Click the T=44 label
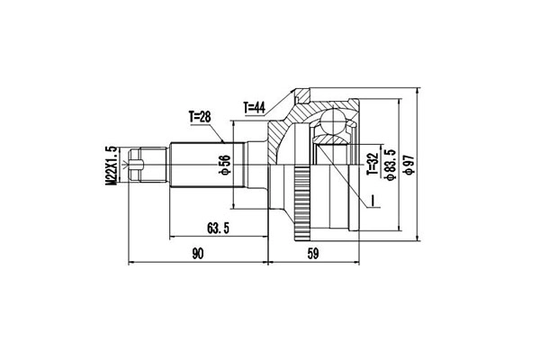(x=254, y=108)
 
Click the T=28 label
(x=200, y=117)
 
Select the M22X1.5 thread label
(x=112, y=166)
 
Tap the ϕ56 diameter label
(x=226, y=165)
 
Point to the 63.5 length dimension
(x=218, y=228)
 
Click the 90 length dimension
(x=198, y=254)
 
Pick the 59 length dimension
(x=313, y=254)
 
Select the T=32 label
(x=373, y=164)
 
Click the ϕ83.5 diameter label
(x=391, y=165)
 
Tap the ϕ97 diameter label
(x=409, y=165)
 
